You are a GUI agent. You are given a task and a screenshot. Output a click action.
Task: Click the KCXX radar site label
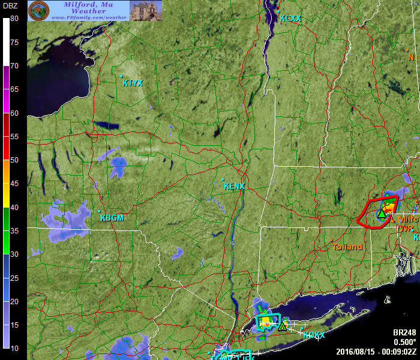pos(290,19)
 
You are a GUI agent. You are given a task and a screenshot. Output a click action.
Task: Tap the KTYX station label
pos(133,83)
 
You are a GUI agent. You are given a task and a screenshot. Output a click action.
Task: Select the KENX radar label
pos(234,186)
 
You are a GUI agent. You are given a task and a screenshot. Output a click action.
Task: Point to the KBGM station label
pos(112,218)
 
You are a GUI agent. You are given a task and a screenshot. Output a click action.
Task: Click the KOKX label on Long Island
pos(313,335)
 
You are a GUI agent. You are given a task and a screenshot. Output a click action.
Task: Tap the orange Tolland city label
pos(348,247)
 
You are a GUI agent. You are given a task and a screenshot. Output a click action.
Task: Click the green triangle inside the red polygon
pos(382,214)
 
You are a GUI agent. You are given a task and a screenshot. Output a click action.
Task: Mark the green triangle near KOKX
pos(282,326)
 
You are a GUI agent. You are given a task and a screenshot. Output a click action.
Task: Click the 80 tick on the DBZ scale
pos(14,19)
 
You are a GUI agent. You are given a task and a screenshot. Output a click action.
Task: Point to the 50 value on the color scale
pos(14,160)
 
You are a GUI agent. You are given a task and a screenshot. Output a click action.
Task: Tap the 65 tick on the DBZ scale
pos(14,89)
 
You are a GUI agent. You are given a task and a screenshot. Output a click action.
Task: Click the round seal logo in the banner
pos(39,10)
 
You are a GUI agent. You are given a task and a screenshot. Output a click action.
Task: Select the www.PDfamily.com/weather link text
pos(89,17)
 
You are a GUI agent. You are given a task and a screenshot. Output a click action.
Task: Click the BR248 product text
pos(404,332)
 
